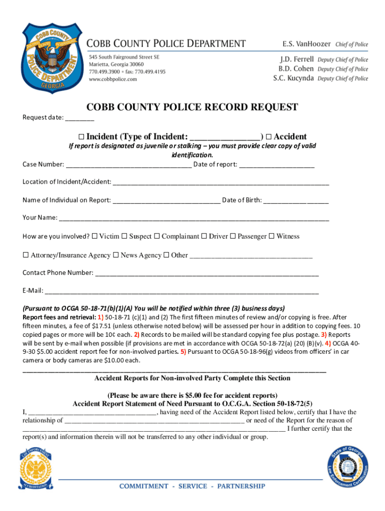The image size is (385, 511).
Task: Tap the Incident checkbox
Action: [81, 137]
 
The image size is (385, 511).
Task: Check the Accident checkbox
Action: [268, 137]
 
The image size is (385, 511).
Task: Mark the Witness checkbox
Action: [271, 236]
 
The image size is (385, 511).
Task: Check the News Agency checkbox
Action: [115, 255]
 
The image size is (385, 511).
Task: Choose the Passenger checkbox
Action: [232, 236]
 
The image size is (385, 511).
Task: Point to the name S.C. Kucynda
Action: [293, 78]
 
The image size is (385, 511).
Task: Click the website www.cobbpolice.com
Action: [113, 79]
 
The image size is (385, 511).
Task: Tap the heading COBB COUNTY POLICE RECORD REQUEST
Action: [192, 107]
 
